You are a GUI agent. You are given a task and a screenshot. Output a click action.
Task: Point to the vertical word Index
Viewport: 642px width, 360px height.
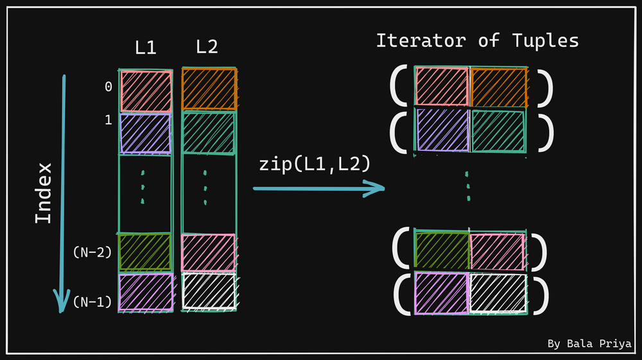point(43,193)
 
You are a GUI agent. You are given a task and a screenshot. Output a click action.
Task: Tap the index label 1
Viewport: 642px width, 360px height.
point(108,119)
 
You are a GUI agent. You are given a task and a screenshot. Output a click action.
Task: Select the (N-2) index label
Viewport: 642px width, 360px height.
point(92,252)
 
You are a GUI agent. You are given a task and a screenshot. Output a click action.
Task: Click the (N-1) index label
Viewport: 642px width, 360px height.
point(92,300)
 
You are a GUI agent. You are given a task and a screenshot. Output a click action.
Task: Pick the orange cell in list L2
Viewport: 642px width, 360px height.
point(209,89)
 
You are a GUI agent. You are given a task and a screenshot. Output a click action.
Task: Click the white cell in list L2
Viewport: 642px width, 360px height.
point(209,291)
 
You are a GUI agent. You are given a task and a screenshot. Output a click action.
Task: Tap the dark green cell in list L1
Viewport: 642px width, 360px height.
point(145,251)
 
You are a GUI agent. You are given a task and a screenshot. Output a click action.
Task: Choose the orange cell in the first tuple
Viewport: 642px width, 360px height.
point(499,87)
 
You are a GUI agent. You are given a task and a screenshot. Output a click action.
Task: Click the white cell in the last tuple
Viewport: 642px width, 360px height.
point(498,293)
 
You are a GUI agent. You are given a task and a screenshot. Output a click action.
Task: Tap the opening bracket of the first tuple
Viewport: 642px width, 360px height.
point(399,87)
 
